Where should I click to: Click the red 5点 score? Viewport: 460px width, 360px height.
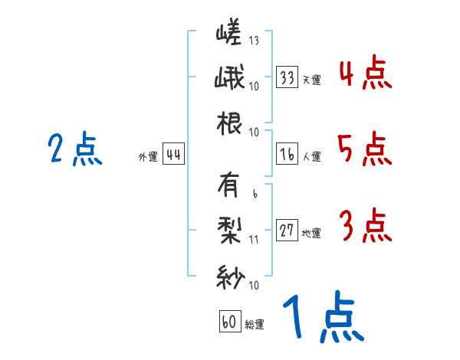[x=365, y=149]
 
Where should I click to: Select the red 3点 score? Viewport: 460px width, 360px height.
[x=365, y=226]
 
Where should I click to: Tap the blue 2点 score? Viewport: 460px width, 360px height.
[x=74, y=149]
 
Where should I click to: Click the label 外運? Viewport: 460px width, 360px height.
[x=147, y=157]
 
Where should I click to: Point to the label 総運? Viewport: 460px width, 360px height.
[x=254, y=324]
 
